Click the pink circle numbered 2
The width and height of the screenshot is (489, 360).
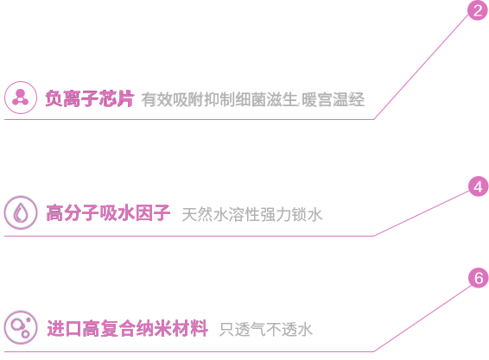(478, 10)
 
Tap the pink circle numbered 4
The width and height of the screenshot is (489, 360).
(479, 186)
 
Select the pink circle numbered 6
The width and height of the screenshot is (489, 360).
(479, 278)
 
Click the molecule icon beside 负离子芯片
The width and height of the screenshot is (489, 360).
(21, 98)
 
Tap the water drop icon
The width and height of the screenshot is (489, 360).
(21, 212)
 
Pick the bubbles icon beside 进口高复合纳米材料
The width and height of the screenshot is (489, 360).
(21, 327)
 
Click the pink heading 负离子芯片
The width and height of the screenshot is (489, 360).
(90, 98)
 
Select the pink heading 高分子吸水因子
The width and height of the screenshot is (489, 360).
(108, 213)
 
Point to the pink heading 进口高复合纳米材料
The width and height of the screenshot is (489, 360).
(128, 328)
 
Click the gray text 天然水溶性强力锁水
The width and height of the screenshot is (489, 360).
(252, 214)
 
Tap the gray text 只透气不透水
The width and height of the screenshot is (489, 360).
(266, 330)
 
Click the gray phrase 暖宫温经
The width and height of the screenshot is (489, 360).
(333, 100)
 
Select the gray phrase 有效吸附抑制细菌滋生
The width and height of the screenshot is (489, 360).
(219, 100)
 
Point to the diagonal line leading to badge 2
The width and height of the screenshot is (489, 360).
(422, 66)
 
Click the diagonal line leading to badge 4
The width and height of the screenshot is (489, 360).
(422, 213)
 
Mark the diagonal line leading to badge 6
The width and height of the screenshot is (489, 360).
(422, 318)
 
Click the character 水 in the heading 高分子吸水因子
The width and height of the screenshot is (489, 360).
(126, 213)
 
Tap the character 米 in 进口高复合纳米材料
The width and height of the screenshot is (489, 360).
(163, 328)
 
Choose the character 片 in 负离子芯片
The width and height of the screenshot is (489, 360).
(125, 98)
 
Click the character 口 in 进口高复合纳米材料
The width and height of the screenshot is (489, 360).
(73, 328)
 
